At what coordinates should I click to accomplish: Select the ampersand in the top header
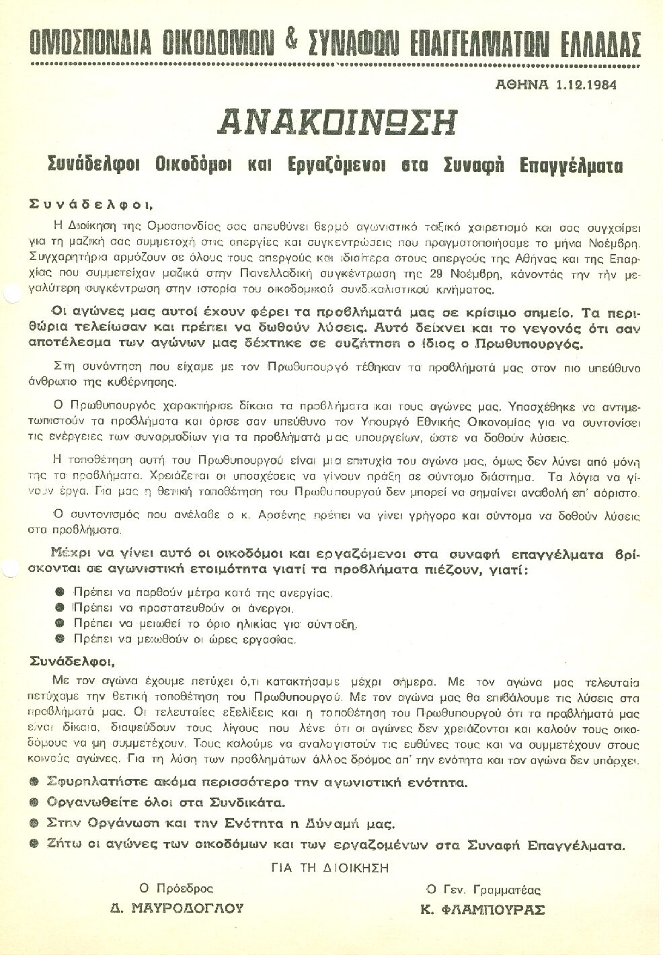point(290,41)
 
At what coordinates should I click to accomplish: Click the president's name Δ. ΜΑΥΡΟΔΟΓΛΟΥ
point(177,909)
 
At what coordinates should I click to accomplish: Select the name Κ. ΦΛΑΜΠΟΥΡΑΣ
point(482,910)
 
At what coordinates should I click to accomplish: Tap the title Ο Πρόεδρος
point(176,889)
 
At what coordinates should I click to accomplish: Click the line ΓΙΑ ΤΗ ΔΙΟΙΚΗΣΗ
point(330,868)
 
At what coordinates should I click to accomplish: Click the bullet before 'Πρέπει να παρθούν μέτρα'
point(60,592)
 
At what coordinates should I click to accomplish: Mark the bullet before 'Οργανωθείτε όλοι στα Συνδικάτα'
point(34,802)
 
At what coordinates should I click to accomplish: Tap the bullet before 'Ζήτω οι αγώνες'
point(34,845)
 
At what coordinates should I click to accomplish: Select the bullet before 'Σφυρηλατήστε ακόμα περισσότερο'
point(34,782)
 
